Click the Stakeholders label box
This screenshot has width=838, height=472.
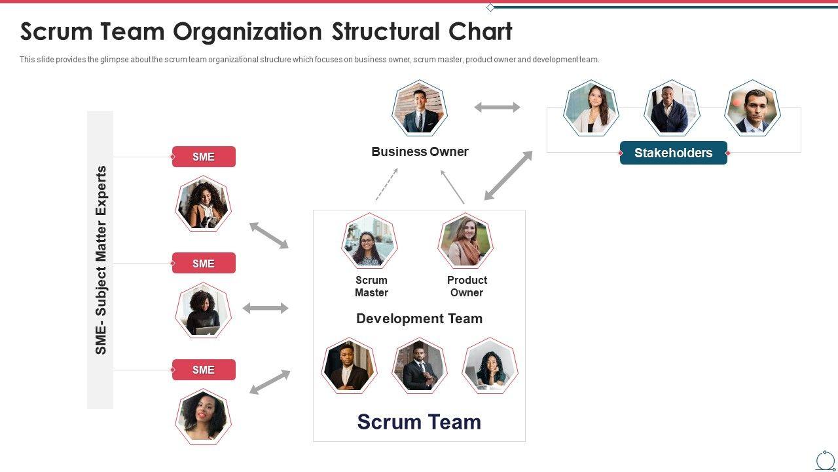pyautogui.click(x=673, y=153)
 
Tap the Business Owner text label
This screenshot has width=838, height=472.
pyautogui.click(x=420, y=151)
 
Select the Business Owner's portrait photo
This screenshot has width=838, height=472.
pyautogui.click(x=420, y=109)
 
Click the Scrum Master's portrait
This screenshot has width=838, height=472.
pyautogui.click(x=369, y=241)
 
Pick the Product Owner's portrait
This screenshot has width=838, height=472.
pyautogui.click(x=465, y=241)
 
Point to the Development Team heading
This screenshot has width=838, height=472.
pyautogui.click(x=419, y=319)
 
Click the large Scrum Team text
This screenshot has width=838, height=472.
pyautogui.click(x=419, y=422)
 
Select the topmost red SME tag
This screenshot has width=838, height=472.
pyautogui.click(x=204, y=157)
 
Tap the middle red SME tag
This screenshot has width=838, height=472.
pyautogui.click(x=204, y=264)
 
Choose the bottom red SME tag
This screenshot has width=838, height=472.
pyautogui.click(x=204, y=370)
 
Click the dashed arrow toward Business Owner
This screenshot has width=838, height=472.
pyautogui.click(x=387, y=184)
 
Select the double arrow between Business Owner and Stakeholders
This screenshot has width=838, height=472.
pyautogui.click(x=497, y=107)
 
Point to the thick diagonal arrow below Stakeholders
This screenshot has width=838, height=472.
pyautogui.click(x=508, y=176)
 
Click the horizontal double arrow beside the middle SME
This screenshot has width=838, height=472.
pyautogui.click(x=265, y=308)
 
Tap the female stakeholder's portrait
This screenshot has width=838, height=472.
pyautogui.click(x=591, y=109)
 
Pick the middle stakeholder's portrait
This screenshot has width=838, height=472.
pyautogui.click(x=672, y=109)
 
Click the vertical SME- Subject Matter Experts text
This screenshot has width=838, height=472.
pyautogui.click(x=101, y=260)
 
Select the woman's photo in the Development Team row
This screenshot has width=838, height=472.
pyautogui.click(x=490, y=366)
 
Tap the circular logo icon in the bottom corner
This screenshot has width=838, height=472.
pyautogui.click(x=825, y=460)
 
